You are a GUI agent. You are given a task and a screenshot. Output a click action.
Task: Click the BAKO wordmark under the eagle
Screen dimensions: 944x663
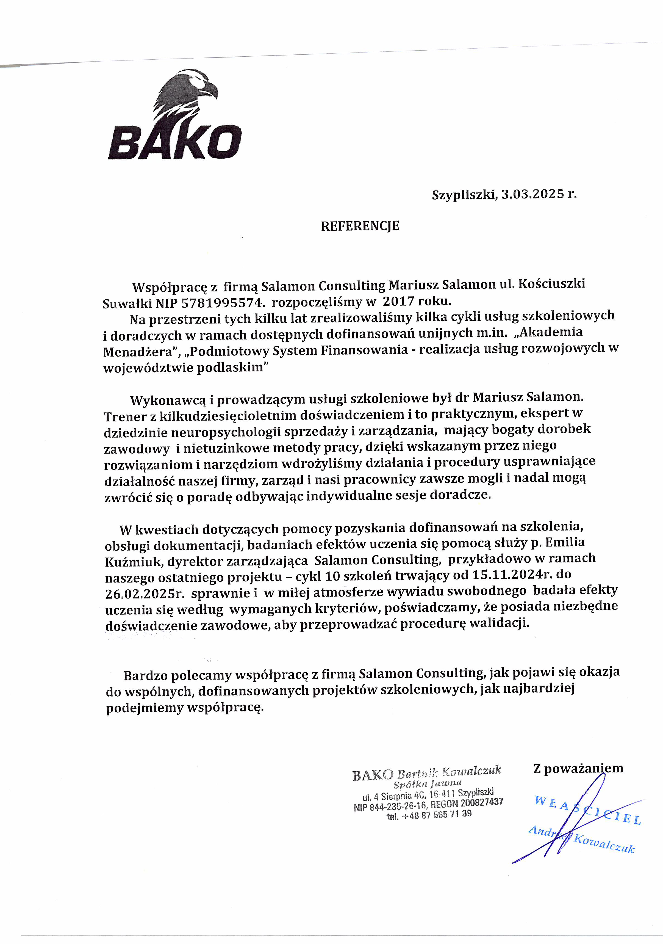click(175, 142)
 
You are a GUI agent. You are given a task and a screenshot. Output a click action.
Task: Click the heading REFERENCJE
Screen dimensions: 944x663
click(360, 226)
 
